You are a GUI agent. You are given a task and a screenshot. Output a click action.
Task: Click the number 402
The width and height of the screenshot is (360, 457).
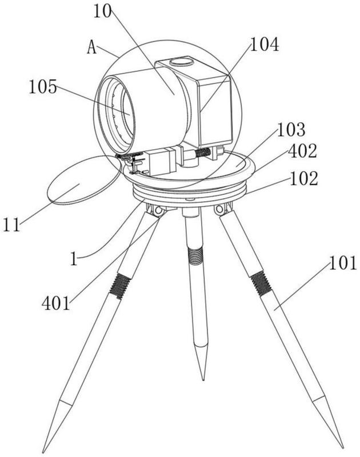point(302,151)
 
